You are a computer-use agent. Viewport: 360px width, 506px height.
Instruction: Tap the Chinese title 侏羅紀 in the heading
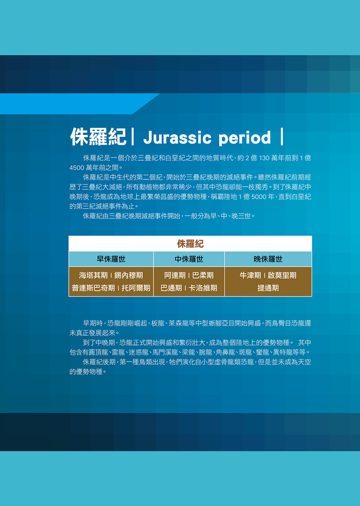pyautogui.click(x=98, y=137)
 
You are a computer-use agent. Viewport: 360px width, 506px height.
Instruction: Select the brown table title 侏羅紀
pyautogui.click(x=190, y=244)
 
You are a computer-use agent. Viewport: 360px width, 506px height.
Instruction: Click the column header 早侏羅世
pyautogui.click(x=111, y=259)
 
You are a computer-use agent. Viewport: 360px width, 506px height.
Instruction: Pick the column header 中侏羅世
pyautogui.click(x=189, y=259)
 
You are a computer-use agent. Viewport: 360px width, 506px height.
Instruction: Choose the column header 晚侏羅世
pyautogui.click(x=268, y=259)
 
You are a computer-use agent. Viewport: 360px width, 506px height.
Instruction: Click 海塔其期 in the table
pyautogui.click(x=94, y=276)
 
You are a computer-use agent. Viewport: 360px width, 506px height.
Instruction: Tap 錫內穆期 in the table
pyautogui.click(x=128, y=276)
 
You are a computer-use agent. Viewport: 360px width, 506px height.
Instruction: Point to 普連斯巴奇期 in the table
pyautogui.click(x=93, y=288)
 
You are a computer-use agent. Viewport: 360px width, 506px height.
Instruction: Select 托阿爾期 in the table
pyautogui.click(x=136, y=288)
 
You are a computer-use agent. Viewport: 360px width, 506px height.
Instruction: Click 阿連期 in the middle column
pyautogui.click(x=175, y=276)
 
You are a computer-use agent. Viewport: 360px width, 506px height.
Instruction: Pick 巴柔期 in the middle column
pyautogui.click(x=203, y=276)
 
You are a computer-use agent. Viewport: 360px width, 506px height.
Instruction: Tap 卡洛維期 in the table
pyautogui.click(x=203, y=288)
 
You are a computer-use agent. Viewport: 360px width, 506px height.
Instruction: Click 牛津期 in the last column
pyautogui.click(x=250, y=276)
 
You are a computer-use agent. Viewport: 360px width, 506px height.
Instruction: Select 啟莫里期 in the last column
pyautogui.click(x=282, y=276)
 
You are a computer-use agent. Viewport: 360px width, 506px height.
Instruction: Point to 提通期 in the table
pyautogui.click(x=268, y=288)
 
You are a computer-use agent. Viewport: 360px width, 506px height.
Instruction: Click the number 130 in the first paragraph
pyautogui.click(x=269, y=158)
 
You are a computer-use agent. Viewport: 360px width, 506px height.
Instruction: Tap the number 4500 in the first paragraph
pyautogui.click(x=76, y=168)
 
